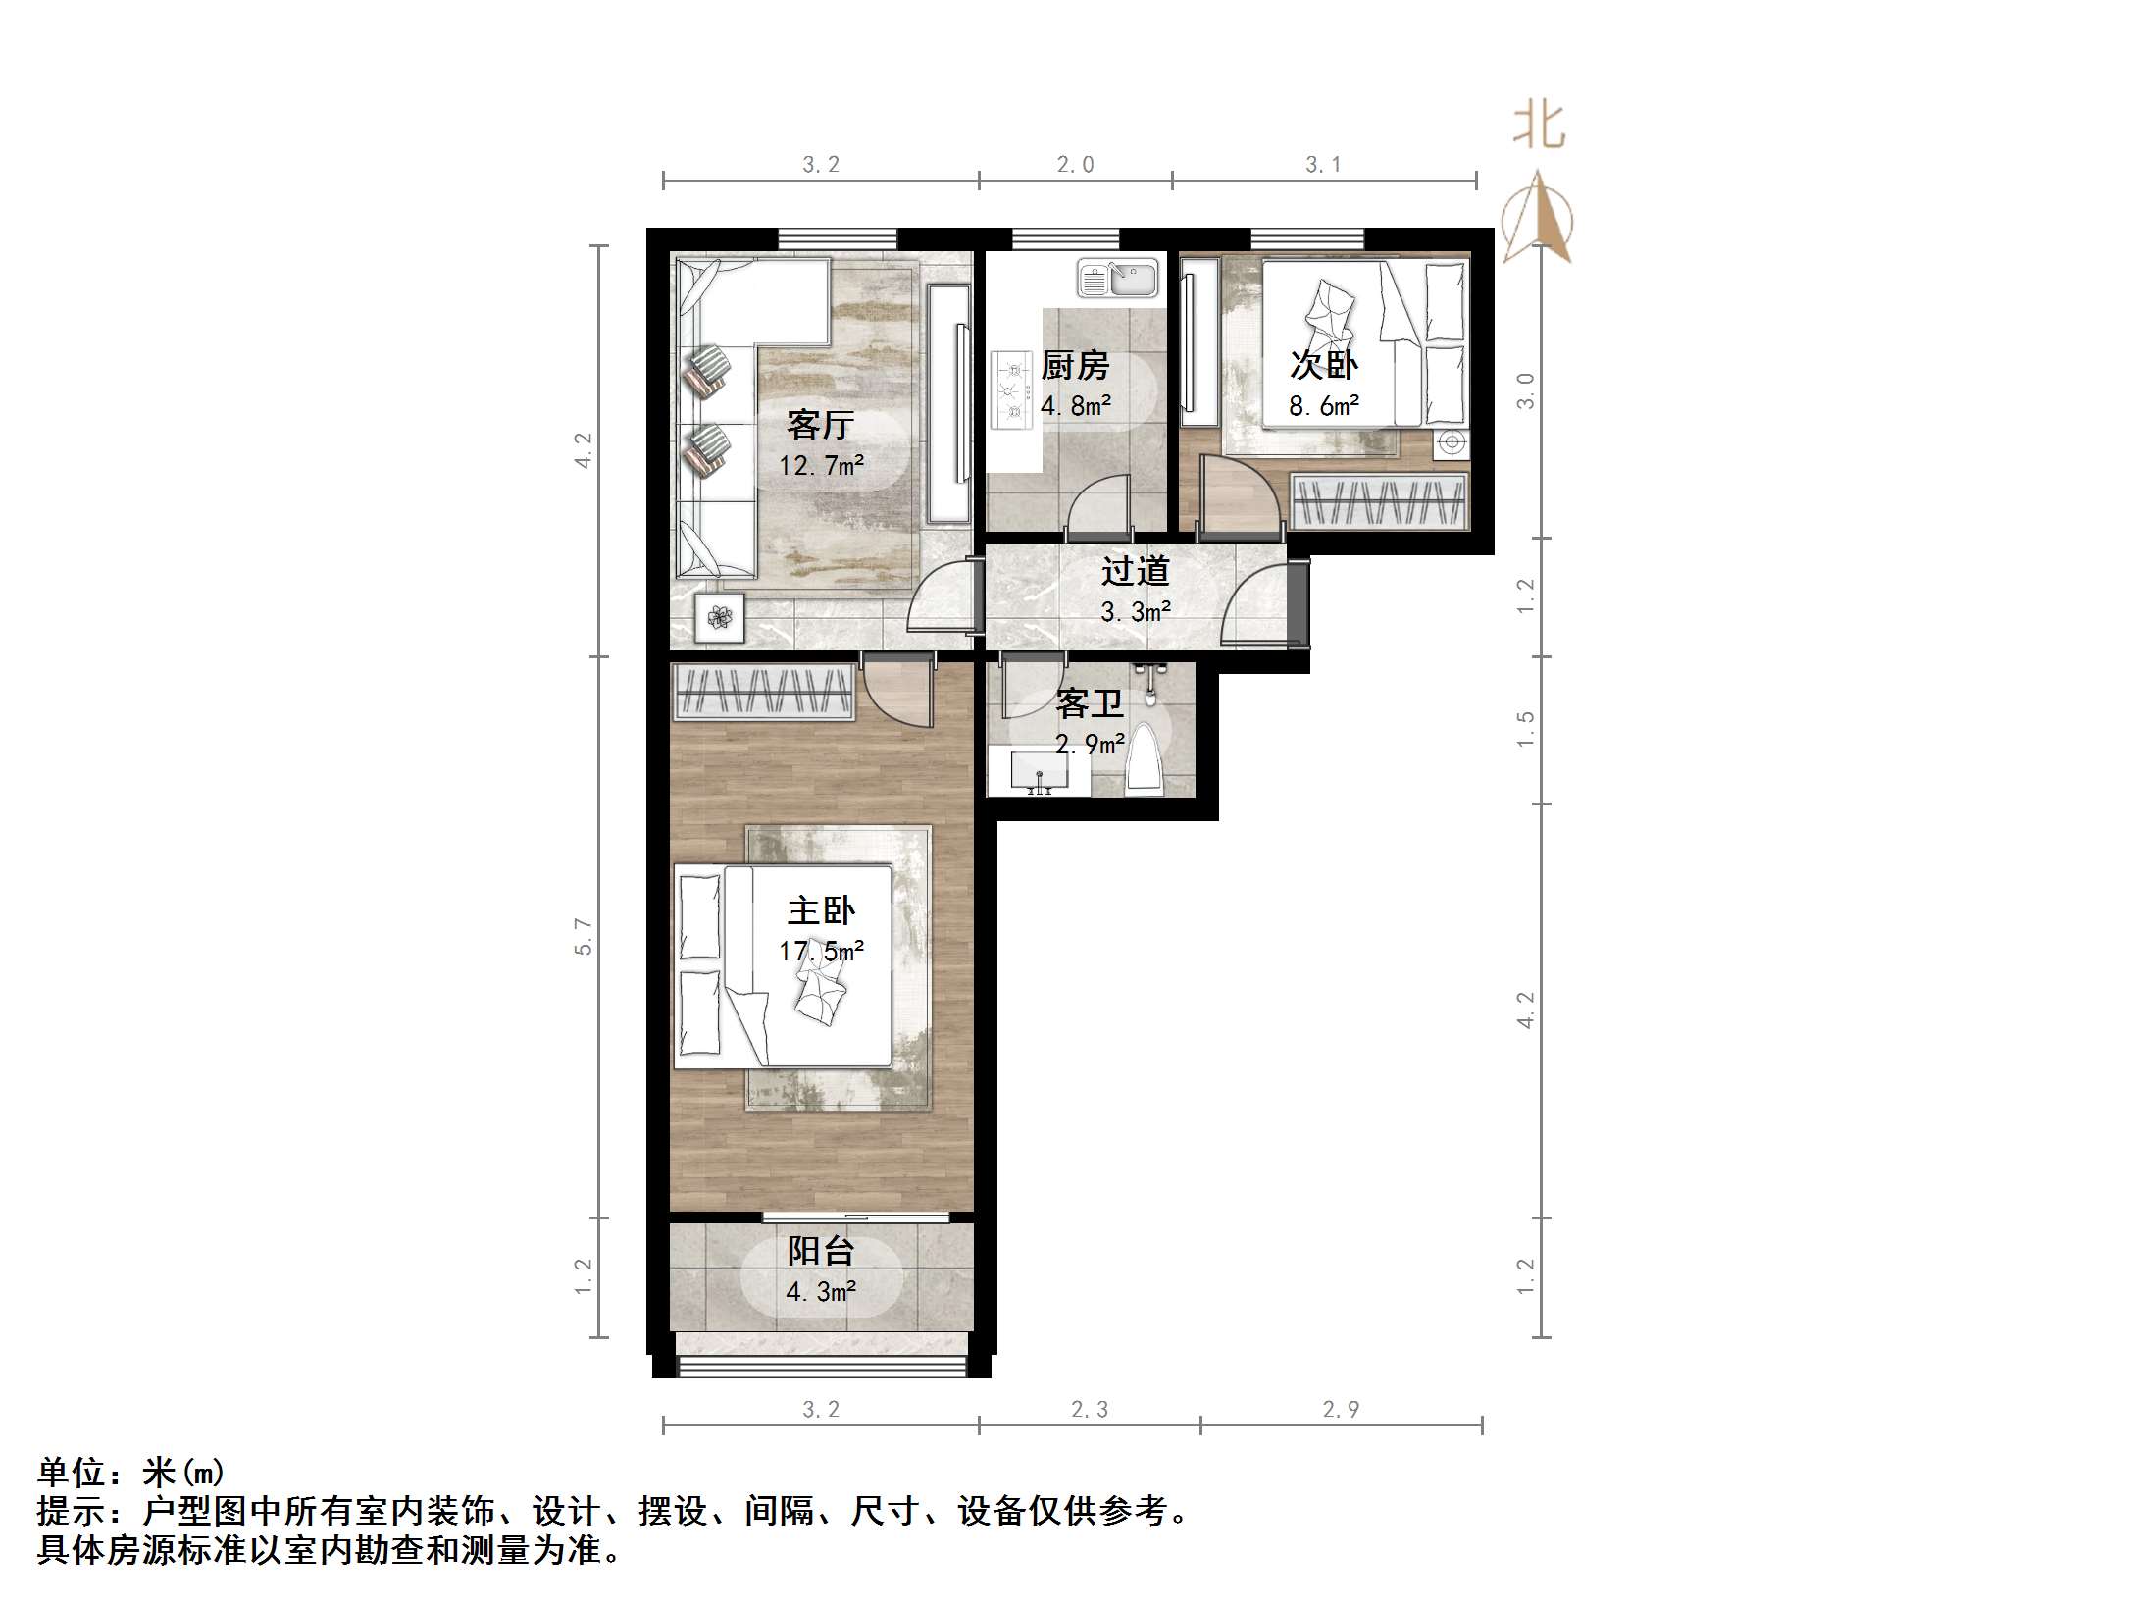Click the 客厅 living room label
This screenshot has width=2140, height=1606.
coord(820,425)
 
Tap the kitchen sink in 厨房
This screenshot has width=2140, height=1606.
coord(1117,279)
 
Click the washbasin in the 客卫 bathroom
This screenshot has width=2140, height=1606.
coord(1039,771)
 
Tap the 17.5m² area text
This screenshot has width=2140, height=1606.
coord(821,951)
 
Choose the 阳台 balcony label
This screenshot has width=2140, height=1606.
coord(821,1251)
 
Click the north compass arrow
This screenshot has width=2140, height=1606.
coord(1538,218)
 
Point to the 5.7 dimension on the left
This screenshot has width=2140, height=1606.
coord(584,936)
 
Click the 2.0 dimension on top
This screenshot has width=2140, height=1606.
coord(1075,165)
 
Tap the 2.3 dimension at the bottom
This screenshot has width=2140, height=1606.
coord(1089,1410)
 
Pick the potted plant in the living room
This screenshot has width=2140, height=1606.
coord(721,618)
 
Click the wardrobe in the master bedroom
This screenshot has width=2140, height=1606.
coord(762,692)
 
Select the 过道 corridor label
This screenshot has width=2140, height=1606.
coord(1135,571)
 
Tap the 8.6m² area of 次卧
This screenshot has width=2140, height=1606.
coord(1323,406)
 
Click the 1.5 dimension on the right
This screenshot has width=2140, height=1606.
coord(1525,729)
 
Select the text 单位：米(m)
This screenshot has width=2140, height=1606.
coord(131,1472)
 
